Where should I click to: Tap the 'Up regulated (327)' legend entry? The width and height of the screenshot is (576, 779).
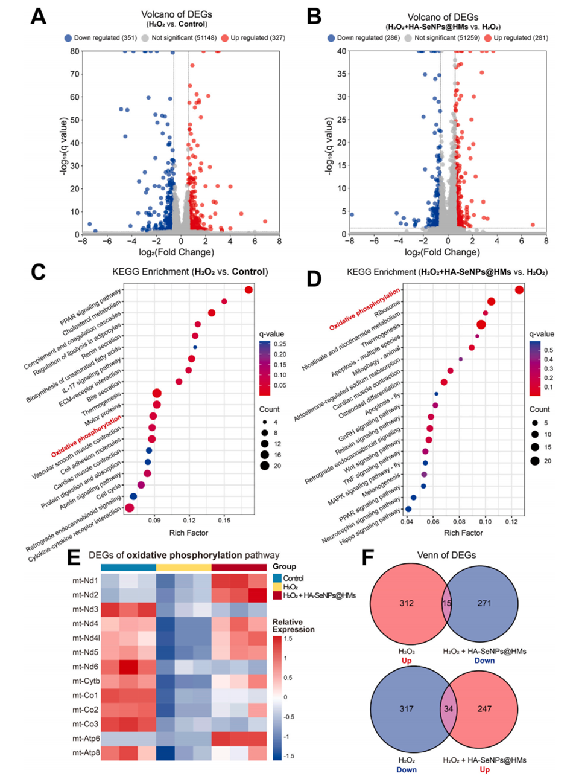coord(253,38)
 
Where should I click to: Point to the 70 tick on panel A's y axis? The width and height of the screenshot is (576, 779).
coord(75,74)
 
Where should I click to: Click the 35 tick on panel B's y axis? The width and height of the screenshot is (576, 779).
coord(341,74)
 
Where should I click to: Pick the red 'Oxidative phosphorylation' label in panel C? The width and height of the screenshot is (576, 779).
coord(86,436)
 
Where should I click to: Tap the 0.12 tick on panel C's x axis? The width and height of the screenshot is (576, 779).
coord(189,520)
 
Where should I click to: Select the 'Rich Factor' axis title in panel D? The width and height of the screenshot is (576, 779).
coord(463,533)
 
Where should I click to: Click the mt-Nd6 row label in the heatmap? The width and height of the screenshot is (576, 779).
coord(86,667)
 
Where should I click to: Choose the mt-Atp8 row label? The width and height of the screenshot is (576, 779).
coord(86,753)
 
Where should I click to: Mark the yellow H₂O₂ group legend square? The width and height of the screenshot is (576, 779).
coord(277,587)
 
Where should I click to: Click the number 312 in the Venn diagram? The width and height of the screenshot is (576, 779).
coord(407,603)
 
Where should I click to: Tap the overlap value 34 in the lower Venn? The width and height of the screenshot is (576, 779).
coord(449,708)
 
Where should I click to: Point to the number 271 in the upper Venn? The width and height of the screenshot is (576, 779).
coord(484,603)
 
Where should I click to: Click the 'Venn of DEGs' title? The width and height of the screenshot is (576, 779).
coord(446,556)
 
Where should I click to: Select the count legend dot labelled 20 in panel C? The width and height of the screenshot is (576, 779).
coord(265,466)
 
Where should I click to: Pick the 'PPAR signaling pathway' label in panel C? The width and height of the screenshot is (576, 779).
coord(90,307)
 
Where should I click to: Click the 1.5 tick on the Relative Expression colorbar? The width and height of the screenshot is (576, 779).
coord(288,638)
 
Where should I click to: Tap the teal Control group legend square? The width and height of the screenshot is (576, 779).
coord(277,578)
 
